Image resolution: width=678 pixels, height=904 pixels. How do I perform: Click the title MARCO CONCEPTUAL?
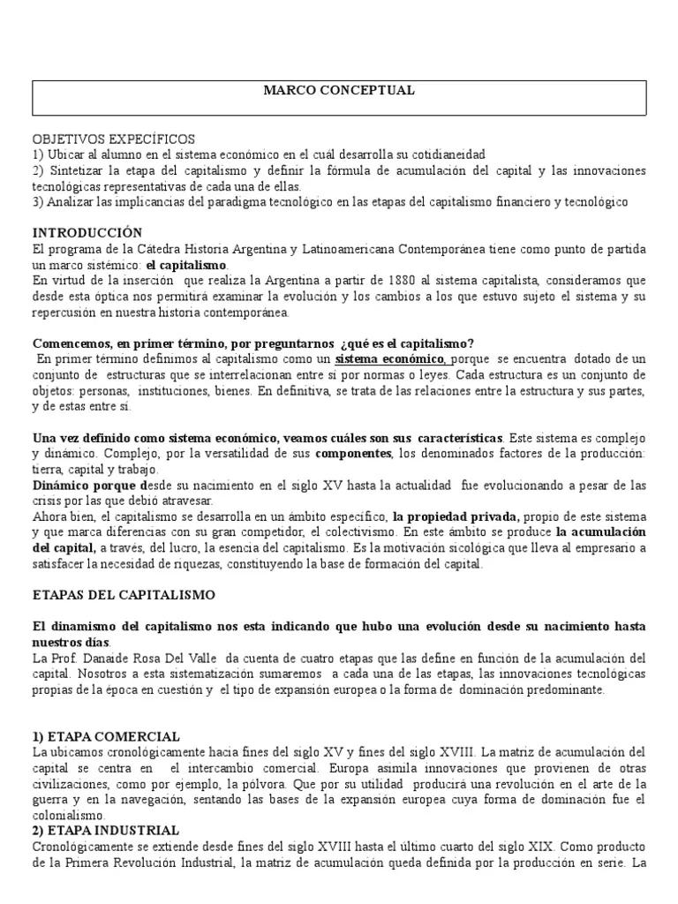pyautogui.click(x=339, y=91)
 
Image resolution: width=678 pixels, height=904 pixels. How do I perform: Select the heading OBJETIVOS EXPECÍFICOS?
pyautogui.click(x=114, y=139)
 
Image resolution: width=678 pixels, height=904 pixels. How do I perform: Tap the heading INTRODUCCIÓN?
pyautogui.click(x=87, y=232)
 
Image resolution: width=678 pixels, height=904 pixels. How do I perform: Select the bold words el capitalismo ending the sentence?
pyautogui.click(x=186, y=265)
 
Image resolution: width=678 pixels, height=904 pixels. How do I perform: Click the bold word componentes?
pyautogui.click(x=353, y=453)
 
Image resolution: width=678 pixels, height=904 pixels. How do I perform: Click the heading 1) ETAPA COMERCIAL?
pyautogui.click(x=106, y=736)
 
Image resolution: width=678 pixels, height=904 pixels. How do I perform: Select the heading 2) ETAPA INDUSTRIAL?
pyautogui.click(x=106, y=831)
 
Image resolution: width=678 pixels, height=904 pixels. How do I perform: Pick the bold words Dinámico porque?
pyautogui.click(x=88, y=486)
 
